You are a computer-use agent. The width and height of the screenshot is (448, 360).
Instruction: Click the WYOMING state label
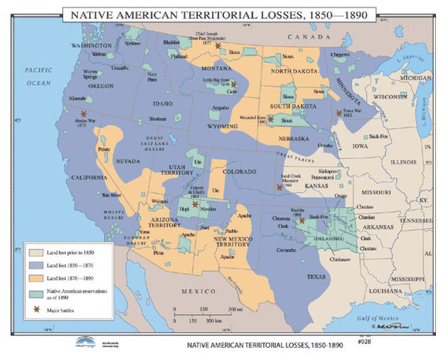pyautogui.click(x=217, y=127)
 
